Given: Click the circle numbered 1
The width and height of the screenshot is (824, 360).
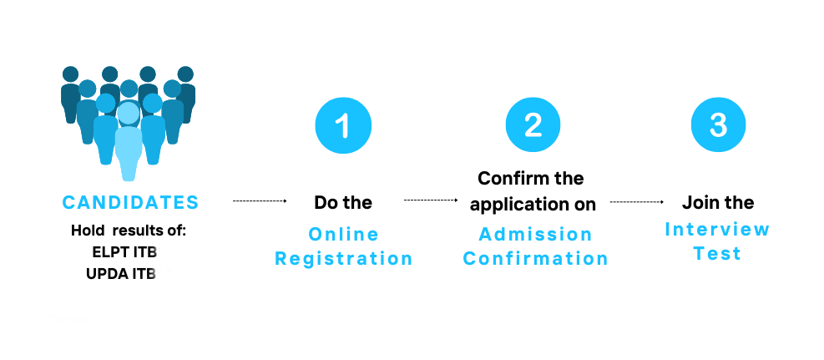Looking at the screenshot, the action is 343,125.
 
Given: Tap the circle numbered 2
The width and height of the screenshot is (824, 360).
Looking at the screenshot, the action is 533,125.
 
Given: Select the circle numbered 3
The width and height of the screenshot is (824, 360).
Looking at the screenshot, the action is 718,124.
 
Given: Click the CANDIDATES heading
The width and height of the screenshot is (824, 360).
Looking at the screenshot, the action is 131,202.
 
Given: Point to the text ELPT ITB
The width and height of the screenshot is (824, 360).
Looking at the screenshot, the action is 124,252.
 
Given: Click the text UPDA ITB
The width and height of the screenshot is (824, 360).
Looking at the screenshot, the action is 121,274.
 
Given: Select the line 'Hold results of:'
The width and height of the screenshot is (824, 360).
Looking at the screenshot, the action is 129,231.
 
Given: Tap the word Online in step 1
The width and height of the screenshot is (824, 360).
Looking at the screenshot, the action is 344,234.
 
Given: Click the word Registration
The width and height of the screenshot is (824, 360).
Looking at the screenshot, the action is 344,259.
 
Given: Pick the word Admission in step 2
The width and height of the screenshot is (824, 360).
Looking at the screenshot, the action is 535,234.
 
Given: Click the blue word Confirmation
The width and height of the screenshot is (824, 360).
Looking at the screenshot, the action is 535,259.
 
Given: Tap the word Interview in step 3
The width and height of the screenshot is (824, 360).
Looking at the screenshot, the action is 717,229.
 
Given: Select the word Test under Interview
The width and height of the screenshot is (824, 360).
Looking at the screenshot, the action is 717,253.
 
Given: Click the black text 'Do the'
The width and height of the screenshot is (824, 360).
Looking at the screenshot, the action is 343,202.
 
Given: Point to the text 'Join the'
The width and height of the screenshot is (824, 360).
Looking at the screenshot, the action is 718,202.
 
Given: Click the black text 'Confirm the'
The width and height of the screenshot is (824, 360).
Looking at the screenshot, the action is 531,178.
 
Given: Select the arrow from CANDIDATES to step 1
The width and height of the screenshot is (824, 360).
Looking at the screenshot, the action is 260,200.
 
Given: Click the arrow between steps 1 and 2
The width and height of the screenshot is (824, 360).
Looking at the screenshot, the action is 431,200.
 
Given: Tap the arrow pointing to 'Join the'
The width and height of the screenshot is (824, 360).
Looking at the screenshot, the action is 637,201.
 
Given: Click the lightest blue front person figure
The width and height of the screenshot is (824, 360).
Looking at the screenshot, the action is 129,141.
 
